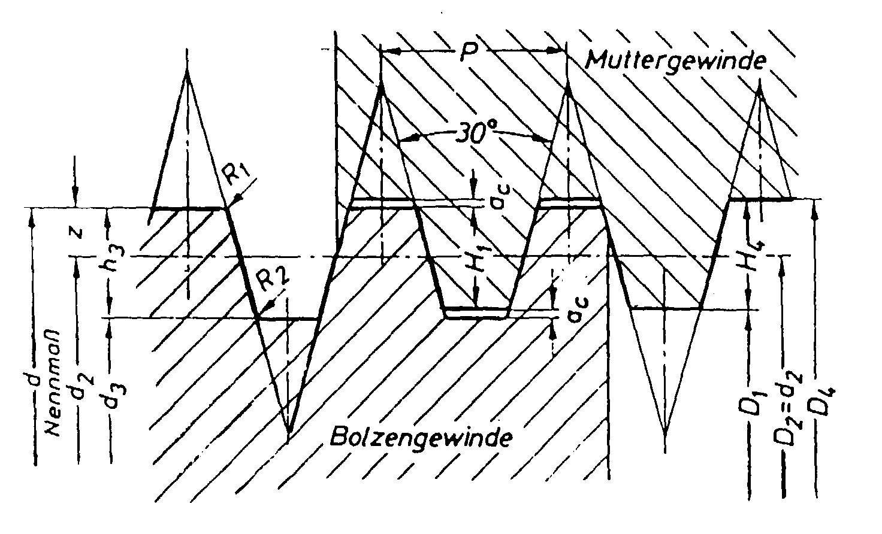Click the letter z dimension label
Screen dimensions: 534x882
76,233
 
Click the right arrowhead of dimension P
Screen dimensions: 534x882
558,53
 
